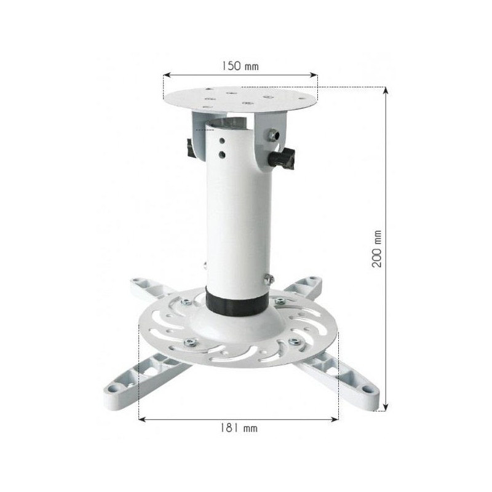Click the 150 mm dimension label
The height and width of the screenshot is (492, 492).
(x=240, y=66)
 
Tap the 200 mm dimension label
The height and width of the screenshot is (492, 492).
(x=377, y=249)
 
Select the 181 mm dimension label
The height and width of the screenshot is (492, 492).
(x=239, y=428)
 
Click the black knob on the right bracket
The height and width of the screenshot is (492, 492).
(x=284, y=159)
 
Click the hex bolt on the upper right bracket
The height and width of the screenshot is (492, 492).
(x=274, y=135)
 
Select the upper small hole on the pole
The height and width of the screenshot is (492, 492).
(x=222, y=140)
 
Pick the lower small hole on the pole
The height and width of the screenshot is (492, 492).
(x=222, y=154)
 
